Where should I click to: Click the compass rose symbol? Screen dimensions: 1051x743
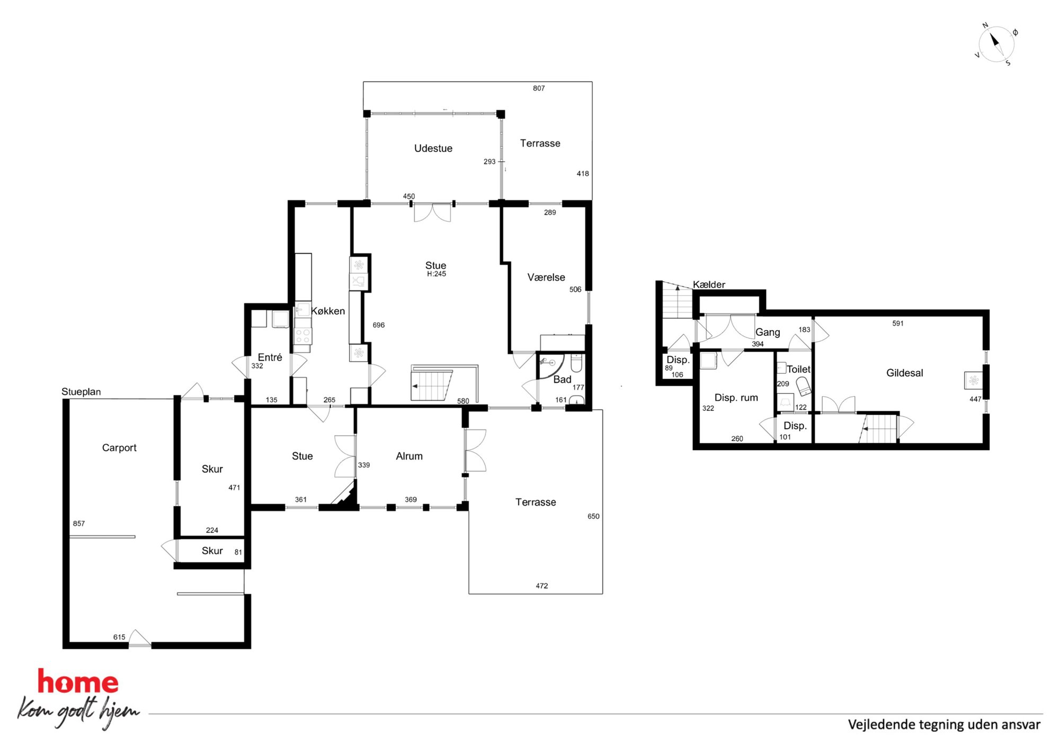click(x=996, y=44)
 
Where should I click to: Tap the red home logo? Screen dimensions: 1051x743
click(x=78, y=682)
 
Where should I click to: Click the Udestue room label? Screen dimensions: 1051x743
click(x=433, y=148)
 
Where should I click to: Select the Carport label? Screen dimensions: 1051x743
click(x=119, y=448)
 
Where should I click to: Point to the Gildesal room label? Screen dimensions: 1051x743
click(x=905, y=373)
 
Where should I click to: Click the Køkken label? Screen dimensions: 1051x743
click(x=328, y=311)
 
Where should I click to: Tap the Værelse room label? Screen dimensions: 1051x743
click(x=546, y=277)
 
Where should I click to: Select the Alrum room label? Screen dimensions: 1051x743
click(x=409, y=456)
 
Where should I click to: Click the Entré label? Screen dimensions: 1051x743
click(x=270, y=357)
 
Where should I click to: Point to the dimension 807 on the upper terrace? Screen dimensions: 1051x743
click(x=539, y=88)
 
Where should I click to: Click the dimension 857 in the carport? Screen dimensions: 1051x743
click(x=79, y=523)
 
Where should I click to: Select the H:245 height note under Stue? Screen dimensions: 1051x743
click(x=437, y=274)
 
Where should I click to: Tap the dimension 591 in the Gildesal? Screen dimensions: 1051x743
click(x=898, y=323)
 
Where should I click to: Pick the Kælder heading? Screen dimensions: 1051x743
click(x=709, y=284)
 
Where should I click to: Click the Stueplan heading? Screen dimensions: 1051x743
click(x=81, y=392)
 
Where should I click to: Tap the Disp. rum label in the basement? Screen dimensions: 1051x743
click(x=736, y=398)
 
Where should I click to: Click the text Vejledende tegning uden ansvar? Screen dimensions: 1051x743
click(x=944, y=724)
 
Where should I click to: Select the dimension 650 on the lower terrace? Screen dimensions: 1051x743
click(x=593, y=516)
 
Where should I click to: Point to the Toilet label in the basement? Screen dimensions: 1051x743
click(x=798, y=369)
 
